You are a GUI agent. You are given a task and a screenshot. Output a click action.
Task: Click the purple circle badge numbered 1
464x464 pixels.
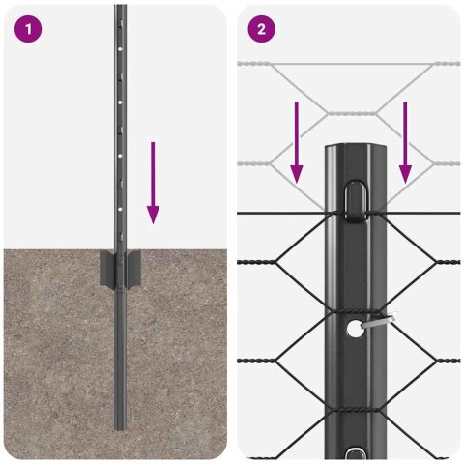[x=29, y=29]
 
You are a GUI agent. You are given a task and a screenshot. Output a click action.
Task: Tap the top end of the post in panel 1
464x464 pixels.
[x=120, y=8]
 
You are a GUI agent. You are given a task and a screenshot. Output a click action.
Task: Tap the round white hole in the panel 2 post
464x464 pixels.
[x=356, y=329]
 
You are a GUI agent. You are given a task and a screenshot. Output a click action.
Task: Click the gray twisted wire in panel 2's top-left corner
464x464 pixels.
[x=266, y=66]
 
